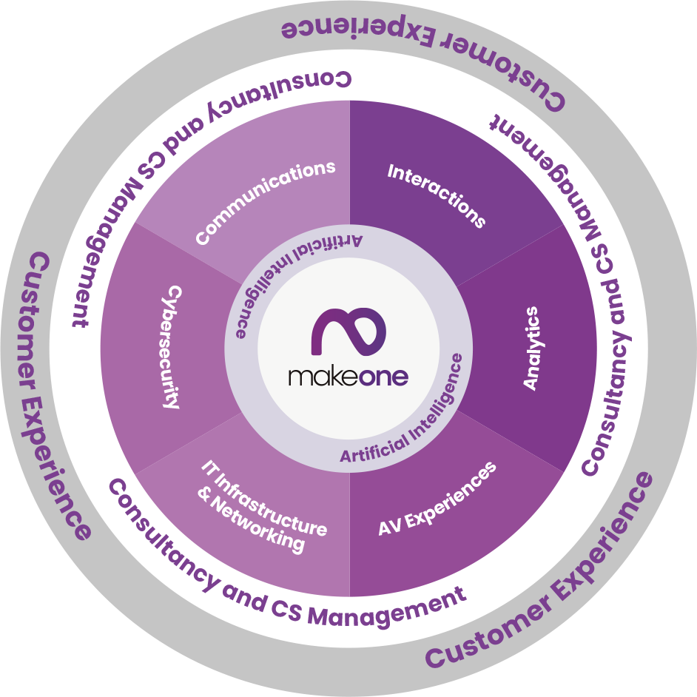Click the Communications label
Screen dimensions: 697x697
[x=266, y=201]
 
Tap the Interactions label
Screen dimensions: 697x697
[x=437, y=195]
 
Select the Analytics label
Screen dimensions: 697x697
[x=531, y=348]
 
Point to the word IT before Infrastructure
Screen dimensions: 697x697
[x=209, y=468]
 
